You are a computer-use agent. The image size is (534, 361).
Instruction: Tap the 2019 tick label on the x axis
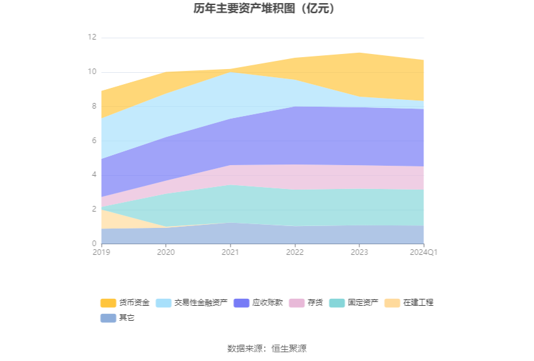pos(101,252)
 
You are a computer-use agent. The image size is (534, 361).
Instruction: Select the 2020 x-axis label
pos(166,252)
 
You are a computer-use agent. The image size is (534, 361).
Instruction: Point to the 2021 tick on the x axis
pos(230,252)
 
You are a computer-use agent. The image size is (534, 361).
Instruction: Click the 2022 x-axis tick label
pos(295,252)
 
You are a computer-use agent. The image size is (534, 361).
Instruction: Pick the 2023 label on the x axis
pos(359,252)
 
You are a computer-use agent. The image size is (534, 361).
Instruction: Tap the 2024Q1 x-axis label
pos(423,252)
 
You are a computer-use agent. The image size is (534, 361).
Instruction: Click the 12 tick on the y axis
pos(92,38)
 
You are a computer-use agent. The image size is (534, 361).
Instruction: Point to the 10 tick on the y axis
pos(92,72)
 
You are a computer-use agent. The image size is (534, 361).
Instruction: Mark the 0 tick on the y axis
pos(94,244)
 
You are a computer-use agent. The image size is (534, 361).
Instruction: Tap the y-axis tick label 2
pos(94,209)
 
